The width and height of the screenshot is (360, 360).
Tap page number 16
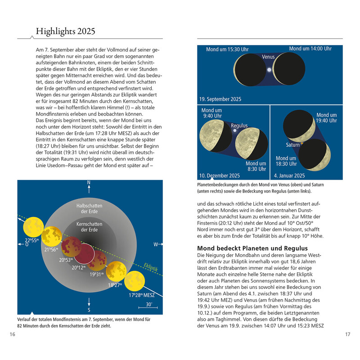click(x=13, y=334)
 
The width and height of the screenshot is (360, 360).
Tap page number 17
click(x=347, y=334)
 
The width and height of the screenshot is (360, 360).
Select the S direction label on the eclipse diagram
click(x=89, y=310)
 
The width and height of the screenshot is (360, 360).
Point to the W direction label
click(x=156, y=245)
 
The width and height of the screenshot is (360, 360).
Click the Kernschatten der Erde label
click(x=89, y=226)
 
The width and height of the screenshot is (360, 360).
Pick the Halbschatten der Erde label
click(x=89, y=208)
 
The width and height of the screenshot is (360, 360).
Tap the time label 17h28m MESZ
click(x=141, y=296)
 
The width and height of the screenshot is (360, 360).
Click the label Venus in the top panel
click(x=269, y=58)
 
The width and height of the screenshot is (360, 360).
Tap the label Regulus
click(x=239, y=126)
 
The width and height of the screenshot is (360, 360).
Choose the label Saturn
click(x=293, y=145)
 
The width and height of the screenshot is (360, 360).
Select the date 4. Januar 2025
click(x=289, y=175)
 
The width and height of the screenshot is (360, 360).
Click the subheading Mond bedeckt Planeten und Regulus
click(x=252, y=248)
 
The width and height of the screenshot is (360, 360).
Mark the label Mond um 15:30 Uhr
click(x=227, y=49)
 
